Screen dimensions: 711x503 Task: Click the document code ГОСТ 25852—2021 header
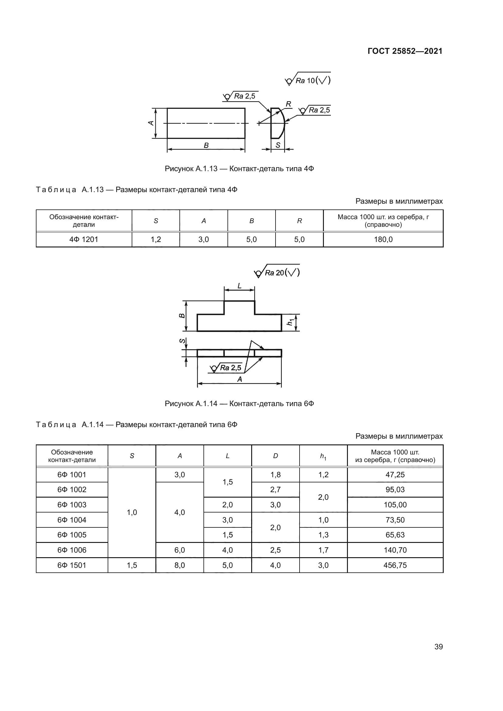coord(405,51)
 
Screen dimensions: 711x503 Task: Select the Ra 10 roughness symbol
coord(308,81)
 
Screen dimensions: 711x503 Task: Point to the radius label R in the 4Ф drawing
coord(288,104)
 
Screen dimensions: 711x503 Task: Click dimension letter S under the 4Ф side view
coord(278,145)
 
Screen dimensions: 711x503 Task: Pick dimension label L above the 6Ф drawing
coord(239,286)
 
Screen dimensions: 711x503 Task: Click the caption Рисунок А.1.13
coord(239,169)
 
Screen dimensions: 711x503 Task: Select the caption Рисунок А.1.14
coord(239,404)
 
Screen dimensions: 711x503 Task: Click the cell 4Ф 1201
coord(84,239)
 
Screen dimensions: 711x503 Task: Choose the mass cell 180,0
coord(383,239)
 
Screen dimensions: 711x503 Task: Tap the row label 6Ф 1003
coord(72,505)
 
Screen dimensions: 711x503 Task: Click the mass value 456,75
coord(395,565)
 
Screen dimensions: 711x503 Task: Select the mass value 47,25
coord(395,475)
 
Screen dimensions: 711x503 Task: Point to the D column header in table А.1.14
coord(275,456)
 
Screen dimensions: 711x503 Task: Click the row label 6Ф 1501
coord(72,565)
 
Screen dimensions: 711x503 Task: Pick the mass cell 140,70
coord(395,550)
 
